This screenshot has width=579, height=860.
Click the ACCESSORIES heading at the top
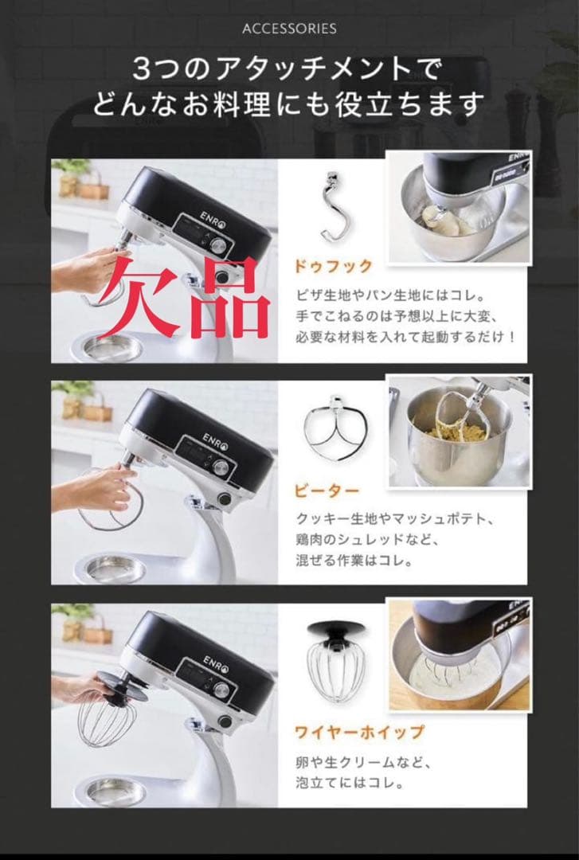pos(290,29)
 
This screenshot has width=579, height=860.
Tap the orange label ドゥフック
pos(333,266)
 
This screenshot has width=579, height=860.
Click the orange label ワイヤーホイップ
pos(359,732)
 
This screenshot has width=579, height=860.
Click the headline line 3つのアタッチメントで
pos(288,69)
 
